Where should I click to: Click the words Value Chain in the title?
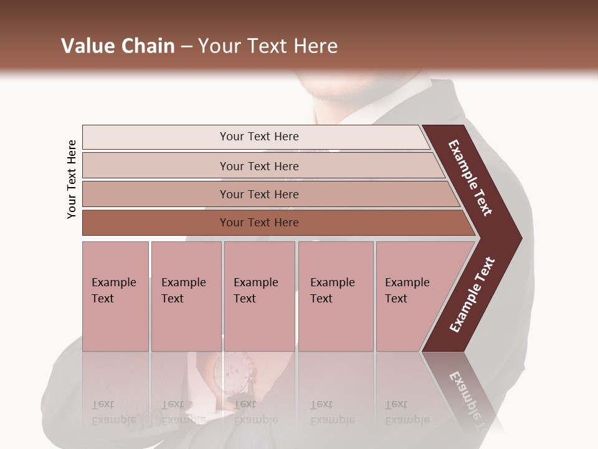click(118, 46)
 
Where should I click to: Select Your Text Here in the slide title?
click(267, 46)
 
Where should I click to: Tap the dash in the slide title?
click(186, 47)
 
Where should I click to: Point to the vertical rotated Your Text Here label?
click(72, 179)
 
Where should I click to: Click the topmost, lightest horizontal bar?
click(255, 137)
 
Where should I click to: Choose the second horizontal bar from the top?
click(262, 166)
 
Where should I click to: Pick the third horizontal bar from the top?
click(268, 194)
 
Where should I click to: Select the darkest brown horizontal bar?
click(274, 223)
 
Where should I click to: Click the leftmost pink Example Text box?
click(115, 296)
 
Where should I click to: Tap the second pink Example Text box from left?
click(186, 296)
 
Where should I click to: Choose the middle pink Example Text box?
click(259, 296)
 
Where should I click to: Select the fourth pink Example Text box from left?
click(335, 296)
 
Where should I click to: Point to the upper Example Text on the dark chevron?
click(470, 178)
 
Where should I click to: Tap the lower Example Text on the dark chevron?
click(472, 295)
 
